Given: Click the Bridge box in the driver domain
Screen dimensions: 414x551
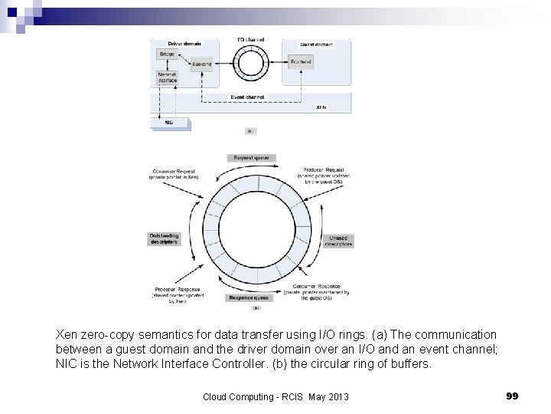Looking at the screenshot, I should click(x=167, y=54).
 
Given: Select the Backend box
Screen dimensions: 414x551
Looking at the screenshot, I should click(x=202, y=65).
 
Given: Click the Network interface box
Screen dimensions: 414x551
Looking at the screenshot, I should click(x=167, y=78).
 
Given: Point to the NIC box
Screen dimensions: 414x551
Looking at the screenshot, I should click(x=169, y=121).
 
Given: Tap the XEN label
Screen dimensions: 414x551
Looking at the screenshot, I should click(x=321, y=108).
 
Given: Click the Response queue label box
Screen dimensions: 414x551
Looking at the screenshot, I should click(x=249, y=297).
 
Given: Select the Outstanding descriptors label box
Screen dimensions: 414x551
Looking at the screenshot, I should click(x=165, y=238).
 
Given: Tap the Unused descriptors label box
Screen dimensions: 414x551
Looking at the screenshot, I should click(x=339, y=240).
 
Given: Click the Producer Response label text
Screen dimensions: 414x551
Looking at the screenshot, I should click(x=175, y=290).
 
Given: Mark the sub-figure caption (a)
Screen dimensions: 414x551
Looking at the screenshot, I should click(x=249, y=131).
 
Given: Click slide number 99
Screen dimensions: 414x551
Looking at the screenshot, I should click(x=513, y=396).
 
